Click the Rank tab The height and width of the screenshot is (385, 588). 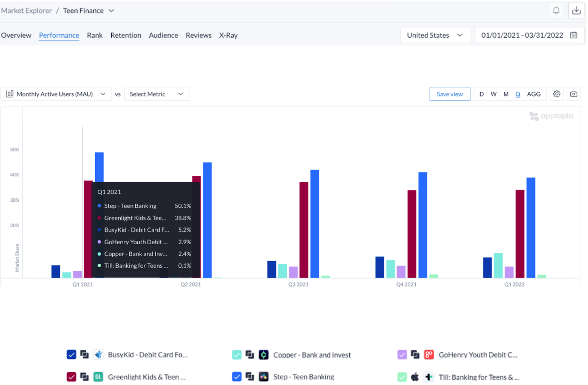(94, 35)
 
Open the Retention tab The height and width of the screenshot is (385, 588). (126, 35)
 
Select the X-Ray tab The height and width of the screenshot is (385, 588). (228, 35)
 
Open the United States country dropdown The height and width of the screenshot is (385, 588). (435, 35)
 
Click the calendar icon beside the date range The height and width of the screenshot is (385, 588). (573, 35)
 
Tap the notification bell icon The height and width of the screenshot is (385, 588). (556, 11)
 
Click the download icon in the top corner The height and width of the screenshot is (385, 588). (576, 11)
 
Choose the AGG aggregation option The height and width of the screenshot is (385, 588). (533, 94)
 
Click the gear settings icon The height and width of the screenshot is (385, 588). (556, 94)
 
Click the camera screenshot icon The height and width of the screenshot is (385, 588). (573, 94)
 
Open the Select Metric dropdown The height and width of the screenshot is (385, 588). (156, 94)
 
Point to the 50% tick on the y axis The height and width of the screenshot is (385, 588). (15, 150)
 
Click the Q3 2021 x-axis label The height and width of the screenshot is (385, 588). (298, 284)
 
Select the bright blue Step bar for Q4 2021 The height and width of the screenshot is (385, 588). (422, 225)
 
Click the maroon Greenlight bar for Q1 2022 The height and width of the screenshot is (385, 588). (520, 233)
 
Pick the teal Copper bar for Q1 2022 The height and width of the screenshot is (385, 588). (498, 265)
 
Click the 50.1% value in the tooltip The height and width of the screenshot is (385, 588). (183, 206)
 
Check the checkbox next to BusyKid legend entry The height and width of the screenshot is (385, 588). (71, 354)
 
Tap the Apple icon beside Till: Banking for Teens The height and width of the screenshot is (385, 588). (415, 377)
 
